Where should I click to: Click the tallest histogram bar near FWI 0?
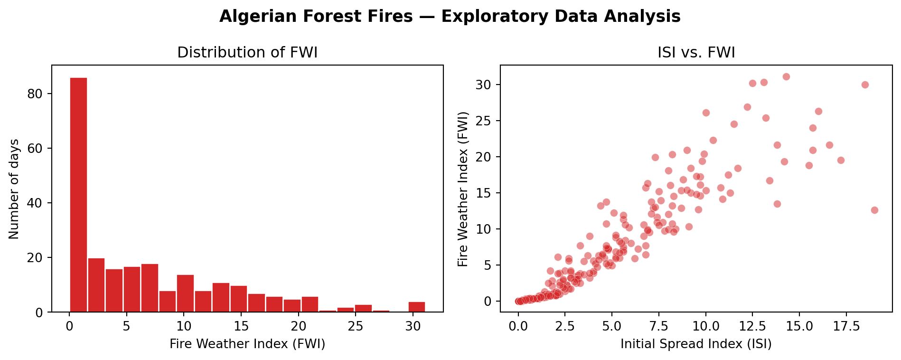[78, 195]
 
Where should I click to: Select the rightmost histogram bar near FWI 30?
[417, 307]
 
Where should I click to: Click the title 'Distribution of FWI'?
[247, 53]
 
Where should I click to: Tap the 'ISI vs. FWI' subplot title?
[696, 53]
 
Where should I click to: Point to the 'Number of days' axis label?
[14, 189]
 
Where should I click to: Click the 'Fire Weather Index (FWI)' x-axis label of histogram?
[247, 344]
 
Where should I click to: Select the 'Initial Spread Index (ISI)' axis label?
[696, 344]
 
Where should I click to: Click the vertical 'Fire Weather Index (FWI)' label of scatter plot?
[463, 189]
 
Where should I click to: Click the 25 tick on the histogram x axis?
[356, 326]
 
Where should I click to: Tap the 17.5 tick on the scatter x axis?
[847, 326]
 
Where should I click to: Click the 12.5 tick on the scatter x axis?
[753, 326]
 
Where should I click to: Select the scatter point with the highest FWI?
[786, 76]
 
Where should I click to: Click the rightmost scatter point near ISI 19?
[874, 210]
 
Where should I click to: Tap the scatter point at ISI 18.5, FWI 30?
[865, 85]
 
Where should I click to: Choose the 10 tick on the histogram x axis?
[184, 326]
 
